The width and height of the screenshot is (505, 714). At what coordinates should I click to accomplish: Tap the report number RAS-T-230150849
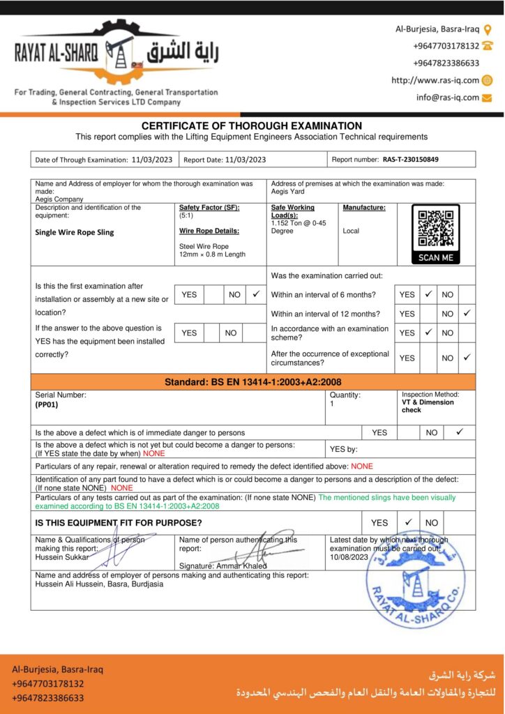tap(410, 160)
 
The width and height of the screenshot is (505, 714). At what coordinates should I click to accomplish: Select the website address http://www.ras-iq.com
tap(435, 80)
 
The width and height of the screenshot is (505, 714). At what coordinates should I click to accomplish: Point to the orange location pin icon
tap(488, 29)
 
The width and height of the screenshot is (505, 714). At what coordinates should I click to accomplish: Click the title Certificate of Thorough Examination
tap(252, 126)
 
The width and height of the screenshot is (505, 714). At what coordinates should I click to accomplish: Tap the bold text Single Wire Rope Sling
tap(75, 232)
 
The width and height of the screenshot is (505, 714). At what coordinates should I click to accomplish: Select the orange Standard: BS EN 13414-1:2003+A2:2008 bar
tap(252, 382)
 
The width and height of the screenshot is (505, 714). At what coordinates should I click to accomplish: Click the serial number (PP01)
tap(47, 404)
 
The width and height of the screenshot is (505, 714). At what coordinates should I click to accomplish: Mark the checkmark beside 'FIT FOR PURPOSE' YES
tap(408, 522)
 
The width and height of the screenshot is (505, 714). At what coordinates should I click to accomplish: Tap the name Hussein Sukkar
tap(61, 557)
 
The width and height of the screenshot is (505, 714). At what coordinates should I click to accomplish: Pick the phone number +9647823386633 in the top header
tap(446, 63)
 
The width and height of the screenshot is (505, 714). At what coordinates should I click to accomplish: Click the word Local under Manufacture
tap(351, 231)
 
